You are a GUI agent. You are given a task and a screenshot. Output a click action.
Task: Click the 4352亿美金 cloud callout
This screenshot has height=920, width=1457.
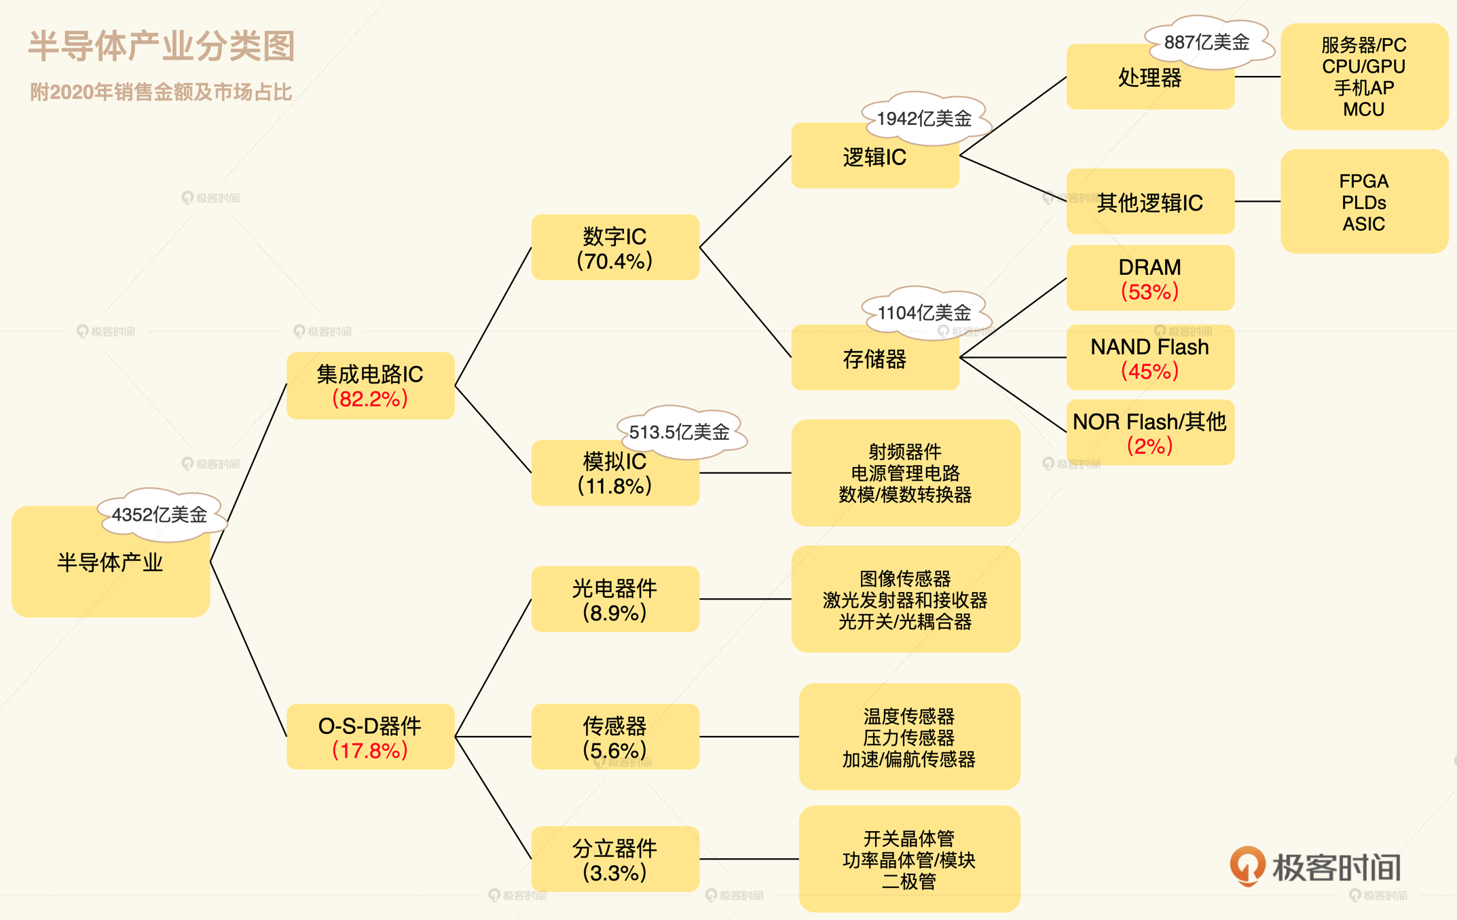point(160,515)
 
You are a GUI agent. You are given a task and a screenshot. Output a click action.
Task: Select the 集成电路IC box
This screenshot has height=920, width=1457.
point(370,386)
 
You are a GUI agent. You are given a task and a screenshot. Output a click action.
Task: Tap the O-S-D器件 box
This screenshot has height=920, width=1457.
point(370,737)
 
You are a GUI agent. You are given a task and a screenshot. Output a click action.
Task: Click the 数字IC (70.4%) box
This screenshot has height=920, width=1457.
point(614,248)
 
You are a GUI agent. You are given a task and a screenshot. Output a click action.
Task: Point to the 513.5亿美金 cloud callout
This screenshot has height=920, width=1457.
point(679,432)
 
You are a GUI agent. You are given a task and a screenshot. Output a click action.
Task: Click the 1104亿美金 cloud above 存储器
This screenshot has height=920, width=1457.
point(924,313)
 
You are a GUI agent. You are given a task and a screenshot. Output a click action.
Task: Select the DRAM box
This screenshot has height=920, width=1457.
point(1149,278)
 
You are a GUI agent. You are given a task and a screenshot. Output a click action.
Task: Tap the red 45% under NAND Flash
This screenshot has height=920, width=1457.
point(1149,371)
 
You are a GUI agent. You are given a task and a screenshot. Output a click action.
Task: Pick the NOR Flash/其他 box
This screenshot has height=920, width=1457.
point(1149,433)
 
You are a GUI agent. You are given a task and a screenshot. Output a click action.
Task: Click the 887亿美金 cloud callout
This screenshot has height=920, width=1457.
point(1206,42)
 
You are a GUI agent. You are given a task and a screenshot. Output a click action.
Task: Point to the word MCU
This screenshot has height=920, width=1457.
point(1363,109)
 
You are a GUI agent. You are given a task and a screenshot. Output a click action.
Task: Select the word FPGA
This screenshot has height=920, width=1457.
point(1363,181)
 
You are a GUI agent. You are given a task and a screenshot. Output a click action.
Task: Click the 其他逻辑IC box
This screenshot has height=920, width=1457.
point(1149,202)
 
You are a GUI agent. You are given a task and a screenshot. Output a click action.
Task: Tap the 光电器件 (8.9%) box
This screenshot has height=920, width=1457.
point(614,600)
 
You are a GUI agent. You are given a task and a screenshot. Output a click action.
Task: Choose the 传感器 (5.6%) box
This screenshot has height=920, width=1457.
point(614,737)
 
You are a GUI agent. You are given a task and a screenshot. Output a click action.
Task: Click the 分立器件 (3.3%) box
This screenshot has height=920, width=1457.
point(614,860)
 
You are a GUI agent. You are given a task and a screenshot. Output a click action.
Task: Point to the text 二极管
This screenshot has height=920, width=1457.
point(908,882)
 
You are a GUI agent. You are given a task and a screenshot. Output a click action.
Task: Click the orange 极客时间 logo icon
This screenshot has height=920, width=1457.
point(1247,866)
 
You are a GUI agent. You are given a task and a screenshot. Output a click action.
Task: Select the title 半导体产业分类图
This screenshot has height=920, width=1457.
point(162,46)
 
